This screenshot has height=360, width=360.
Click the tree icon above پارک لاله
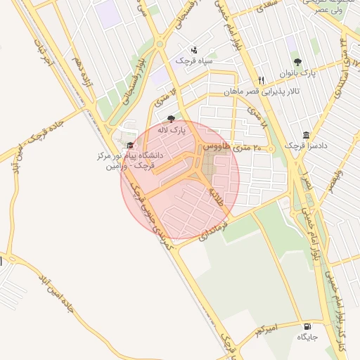(171, 119)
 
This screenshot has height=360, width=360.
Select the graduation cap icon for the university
(129, 145)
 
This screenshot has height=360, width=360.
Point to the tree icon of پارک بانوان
(297, 62)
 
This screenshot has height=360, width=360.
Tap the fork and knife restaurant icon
(262, 80)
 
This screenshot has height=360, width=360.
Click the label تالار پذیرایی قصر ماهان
(262, 91)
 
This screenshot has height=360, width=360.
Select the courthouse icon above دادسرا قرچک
(306, 134)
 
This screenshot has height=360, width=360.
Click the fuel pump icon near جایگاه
(307, 326)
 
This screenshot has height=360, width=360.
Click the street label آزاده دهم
(78, 70)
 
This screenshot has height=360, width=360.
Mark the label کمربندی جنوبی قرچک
(153, 214)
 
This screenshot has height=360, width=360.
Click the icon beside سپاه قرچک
(194, 49)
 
